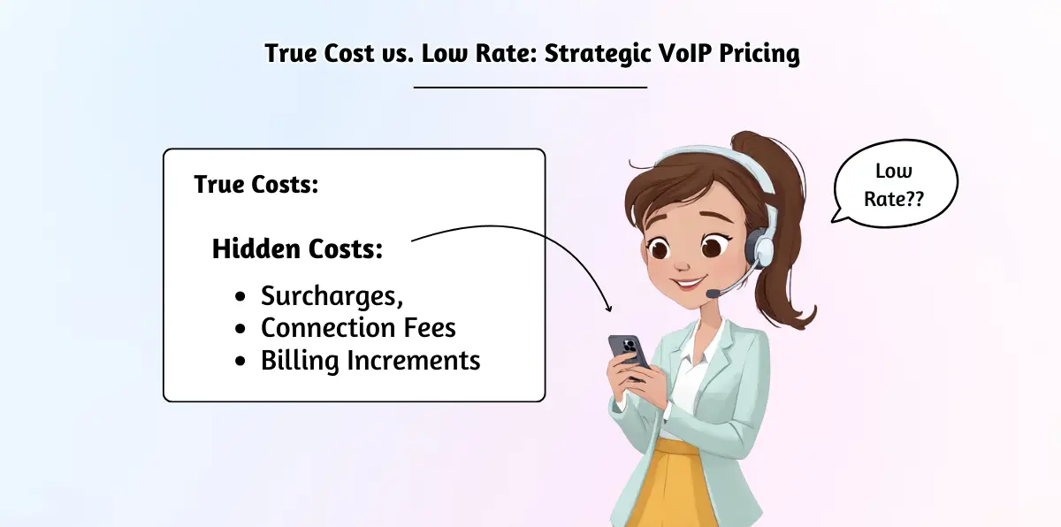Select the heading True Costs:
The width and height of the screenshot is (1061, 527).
pyautogui.click(x=256, y=186)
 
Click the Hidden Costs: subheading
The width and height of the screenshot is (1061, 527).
pyautogui.click(x=298, y=249)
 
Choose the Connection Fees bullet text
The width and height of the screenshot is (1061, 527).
pyautogui.click(x=358, y=328)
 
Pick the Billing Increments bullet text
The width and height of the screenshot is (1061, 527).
pyautogui.click(x=370, y=361)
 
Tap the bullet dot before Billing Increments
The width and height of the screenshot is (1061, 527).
pyautogui.click(x=241, y=362)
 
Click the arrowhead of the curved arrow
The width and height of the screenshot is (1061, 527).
pyautogui.click(x=609, y=306)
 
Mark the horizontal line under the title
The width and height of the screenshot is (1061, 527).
pyautogui.click(x=530, y=87)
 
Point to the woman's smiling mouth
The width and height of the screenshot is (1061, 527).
pyautogui.click(x=689, y=284)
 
